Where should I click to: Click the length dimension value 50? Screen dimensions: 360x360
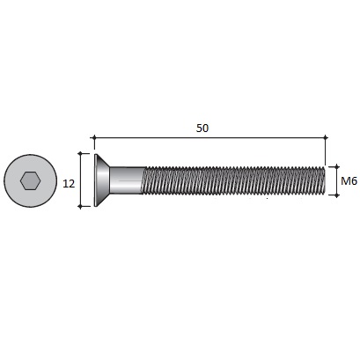click(202, 129)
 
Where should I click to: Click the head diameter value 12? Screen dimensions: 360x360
click(69, 184)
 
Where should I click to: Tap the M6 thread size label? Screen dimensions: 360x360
click(349, 181)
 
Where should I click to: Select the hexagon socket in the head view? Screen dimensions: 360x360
click(30, 181)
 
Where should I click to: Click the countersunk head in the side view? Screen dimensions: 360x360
click(101, 180)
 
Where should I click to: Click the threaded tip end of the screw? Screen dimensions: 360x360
click(324, 180)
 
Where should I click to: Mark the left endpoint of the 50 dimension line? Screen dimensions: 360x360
click(94, 137)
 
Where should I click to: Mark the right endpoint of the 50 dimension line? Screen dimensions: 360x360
click(326, 137)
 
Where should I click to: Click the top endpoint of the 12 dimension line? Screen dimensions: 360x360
click(80, 153)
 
